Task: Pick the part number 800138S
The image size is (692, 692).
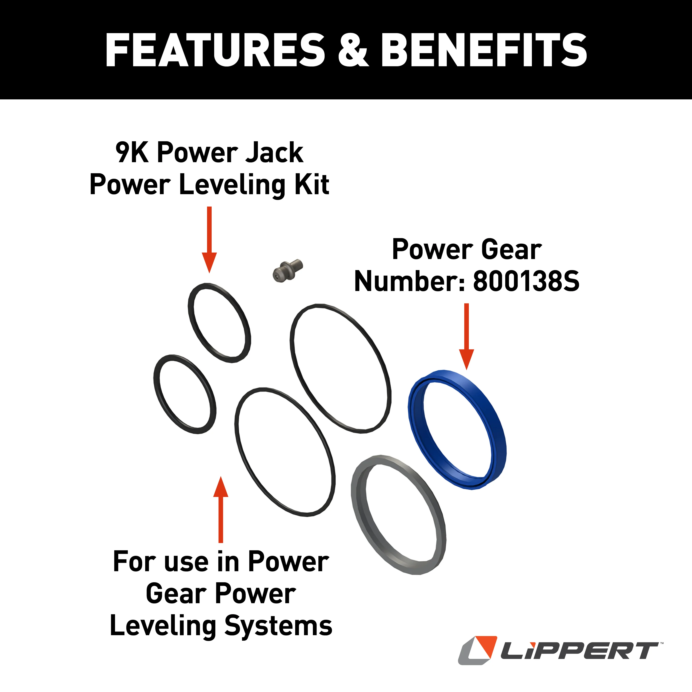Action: (x=526, y=281)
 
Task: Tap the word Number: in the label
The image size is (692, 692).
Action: (x=410, y=281)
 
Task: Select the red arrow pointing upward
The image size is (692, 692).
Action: (x=221, y=509)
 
